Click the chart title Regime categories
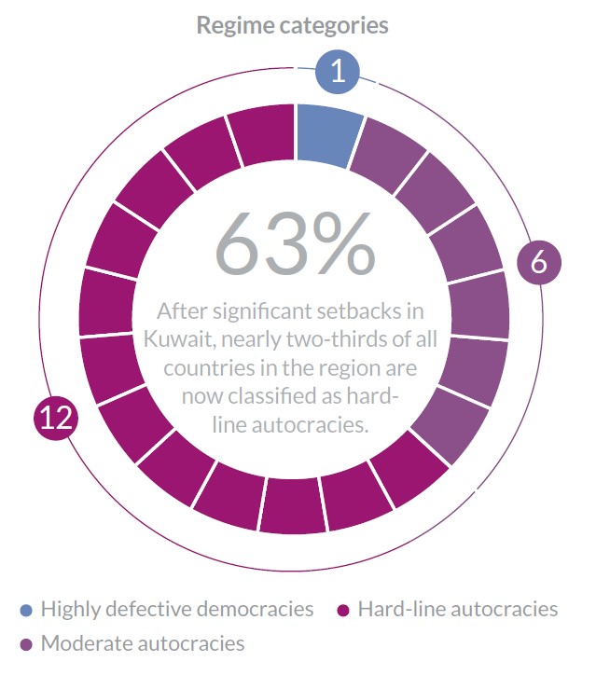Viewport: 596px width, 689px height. [x=292, y=25]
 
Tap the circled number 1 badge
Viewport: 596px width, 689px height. [x=338, y=71]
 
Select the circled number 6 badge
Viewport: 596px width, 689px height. [x=539, y=263]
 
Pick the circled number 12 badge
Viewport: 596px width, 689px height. [x=56, y=417]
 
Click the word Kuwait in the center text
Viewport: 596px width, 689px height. [x=182, y=338]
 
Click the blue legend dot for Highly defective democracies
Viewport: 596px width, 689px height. [x=26, y=611]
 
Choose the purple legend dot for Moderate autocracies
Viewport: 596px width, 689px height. [x=26, y=644]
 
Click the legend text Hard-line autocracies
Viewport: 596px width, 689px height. [x=457, y=610]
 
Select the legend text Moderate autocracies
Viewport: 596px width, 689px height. [x=142, y=643]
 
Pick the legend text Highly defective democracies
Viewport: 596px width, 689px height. [x=177, y=610]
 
